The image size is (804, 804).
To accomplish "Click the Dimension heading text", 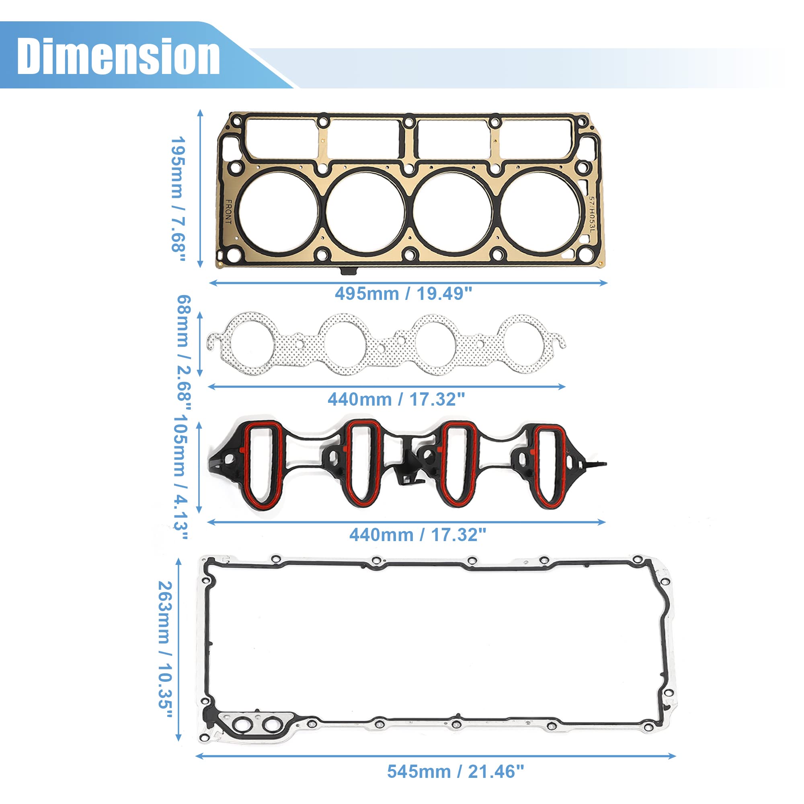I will click(x=119, y=56).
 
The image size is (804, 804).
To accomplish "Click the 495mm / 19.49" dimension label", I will click(x=403, y=294).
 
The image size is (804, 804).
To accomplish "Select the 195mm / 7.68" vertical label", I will click(x=178, y=200).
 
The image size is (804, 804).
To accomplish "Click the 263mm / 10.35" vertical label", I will click(x=165, y=650).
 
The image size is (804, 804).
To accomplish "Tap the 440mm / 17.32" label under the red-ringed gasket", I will click(x=417, y=535).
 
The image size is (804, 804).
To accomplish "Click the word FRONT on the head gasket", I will click(x=228, y=212).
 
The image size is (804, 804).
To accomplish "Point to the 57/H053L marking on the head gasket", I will click(x=592, y=214).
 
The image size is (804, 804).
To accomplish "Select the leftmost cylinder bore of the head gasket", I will click(x=279, y=212).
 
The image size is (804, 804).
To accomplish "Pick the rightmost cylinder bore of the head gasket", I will click(x=540, y=212).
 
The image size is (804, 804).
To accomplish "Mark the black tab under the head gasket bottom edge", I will click(x=348, y=271).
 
